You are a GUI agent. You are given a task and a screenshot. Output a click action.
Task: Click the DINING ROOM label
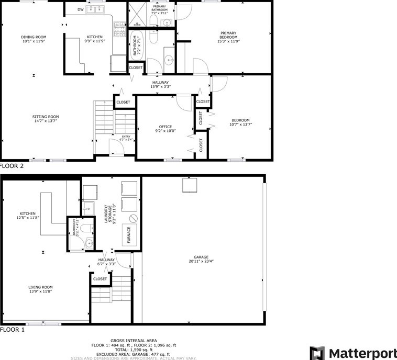coord(34,37)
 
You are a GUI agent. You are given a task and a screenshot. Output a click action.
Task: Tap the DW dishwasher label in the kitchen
coord(80,9)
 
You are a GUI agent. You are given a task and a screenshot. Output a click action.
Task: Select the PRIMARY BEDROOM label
coord(228,35)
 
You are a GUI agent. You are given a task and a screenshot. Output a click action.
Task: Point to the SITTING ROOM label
coord(46,116)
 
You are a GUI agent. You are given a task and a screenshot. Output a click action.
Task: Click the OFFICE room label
coord(166,127)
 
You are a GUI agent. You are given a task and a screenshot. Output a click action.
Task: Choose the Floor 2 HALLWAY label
coord(160,82)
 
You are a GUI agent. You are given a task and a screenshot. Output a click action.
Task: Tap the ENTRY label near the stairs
coord(125,137)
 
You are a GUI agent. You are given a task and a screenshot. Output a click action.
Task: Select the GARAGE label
coord(201,257)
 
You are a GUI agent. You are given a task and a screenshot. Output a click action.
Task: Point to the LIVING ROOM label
coord(40,287)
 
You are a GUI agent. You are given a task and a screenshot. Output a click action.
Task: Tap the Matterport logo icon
coord(317,353)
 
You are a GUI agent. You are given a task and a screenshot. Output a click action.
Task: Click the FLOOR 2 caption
coord(12,166)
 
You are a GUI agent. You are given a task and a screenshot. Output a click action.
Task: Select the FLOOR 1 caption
coord(12,330)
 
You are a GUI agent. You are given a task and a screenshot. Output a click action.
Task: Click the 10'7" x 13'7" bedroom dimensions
coord(240,125)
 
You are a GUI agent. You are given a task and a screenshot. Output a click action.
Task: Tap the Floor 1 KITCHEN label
coord(28,213)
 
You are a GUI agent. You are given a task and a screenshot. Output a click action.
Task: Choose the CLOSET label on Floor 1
coord(100,279)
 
